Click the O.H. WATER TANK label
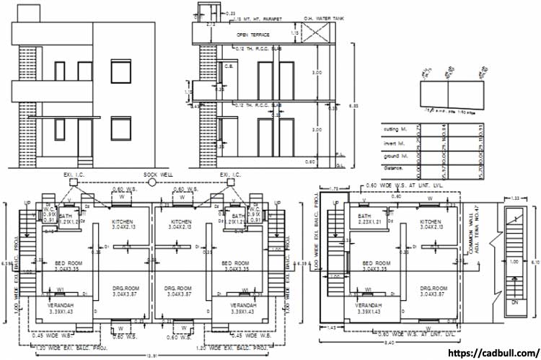[x=318, y=18]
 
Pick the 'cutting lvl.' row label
[x=396, y=129]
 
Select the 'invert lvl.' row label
[x=395, y=144]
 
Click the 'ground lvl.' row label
[x=396, y=156]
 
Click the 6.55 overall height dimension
[x=353, y=105]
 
